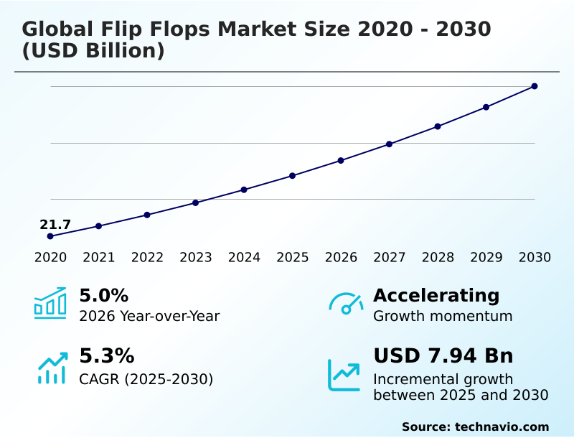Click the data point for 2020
coord(50,236)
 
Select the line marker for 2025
coord(293,175)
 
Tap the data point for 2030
coord(535,86)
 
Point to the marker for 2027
coord(390,144)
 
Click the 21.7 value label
coord(55,225)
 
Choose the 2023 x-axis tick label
coord(196,258)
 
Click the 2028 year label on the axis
coord(438,258)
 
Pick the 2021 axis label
coord(99,258)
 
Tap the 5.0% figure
coord(103,296)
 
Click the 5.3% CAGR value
coord(106,356)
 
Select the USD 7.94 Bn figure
coord(443,356)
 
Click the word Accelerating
coord(436,296)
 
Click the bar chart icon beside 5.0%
coord(50,303)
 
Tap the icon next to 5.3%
coord(52,367)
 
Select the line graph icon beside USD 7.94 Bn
coord(344,375)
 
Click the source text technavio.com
coord(502,427)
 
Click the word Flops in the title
coord(175,29)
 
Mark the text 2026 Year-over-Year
coord(149,316)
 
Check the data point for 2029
coord(486,107)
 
